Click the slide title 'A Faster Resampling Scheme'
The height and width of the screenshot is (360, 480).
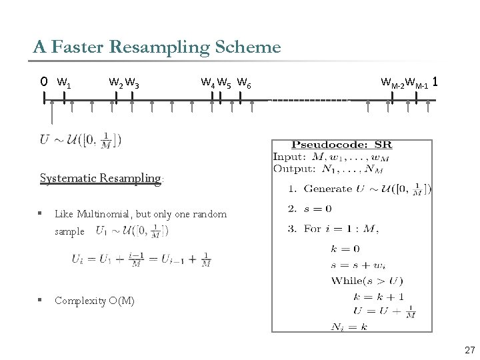pyautogui.click(x=157, y=47)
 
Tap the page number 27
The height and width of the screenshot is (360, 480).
pyautogui.click(x=469, y=350)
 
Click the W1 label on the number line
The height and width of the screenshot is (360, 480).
pyautogui.click(x=65, y=83)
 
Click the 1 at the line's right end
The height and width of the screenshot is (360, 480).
pyautogui.click(x=435, y=82)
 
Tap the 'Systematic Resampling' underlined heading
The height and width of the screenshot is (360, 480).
pyautogui.click(x=101, y=178)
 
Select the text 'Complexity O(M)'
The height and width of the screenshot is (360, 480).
pyautogui.click(x=95, y=301)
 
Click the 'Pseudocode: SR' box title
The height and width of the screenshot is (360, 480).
pyautogui.click(x=341, y=145)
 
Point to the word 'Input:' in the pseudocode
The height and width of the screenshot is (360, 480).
pyautogui.click(x=288, y=157)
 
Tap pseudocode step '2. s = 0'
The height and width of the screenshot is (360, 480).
pyautogui.click(x=309, y=209)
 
